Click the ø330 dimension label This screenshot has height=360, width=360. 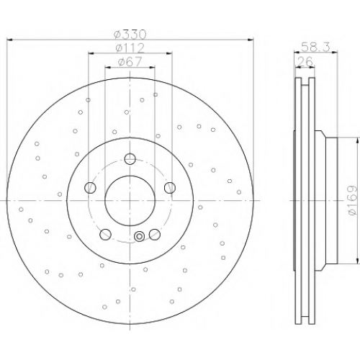click(130, 35)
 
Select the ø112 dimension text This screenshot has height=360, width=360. click(130, 48)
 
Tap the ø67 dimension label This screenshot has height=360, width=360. click(130, 62)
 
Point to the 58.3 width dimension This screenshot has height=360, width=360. click(316, 47)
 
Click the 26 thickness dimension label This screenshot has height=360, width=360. click(305, 61)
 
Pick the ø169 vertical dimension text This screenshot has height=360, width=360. click(354, 200)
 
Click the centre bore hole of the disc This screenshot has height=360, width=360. click(130, 200)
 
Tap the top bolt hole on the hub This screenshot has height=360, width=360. click(130, 158)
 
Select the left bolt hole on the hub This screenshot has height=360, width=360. click(90, 187)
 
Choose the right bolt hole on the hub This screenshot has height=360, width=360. click(170, 187)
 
